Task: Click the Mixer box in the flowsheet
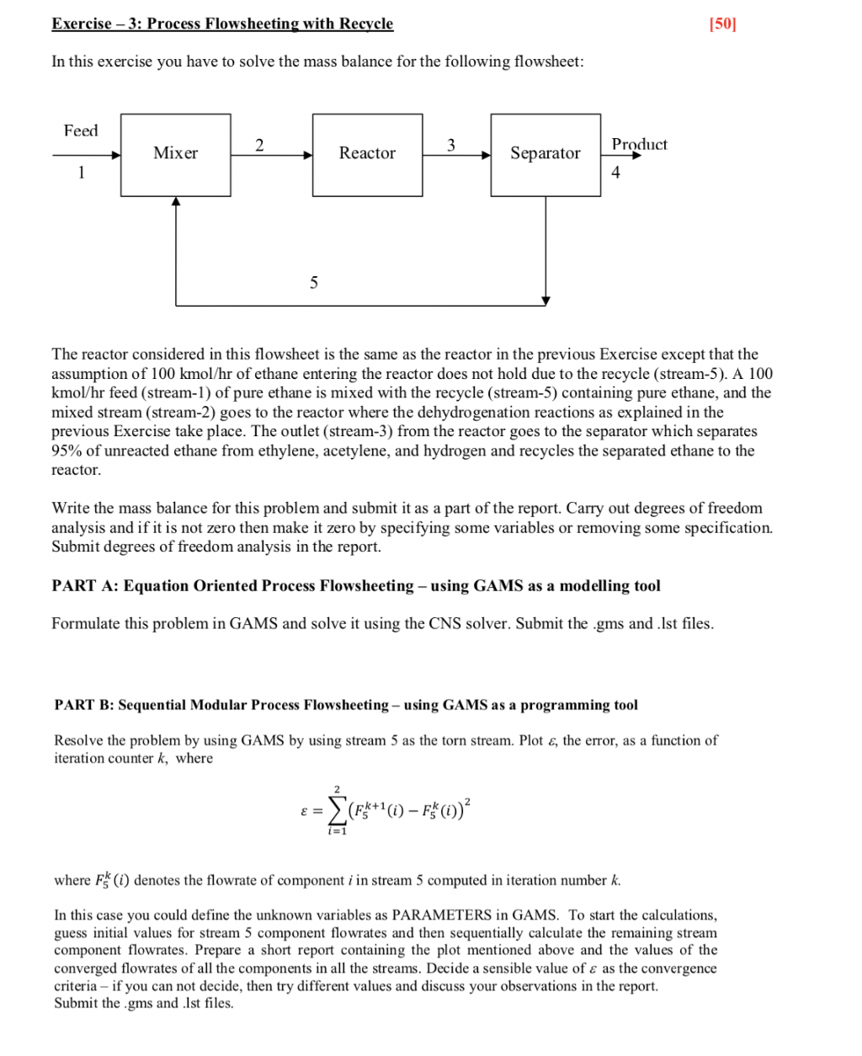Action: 175,155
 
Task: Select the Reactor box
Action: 367,155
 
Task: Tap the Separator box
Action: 545,155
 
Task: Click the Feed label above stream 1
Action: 81,131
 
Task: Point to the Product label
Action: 639,144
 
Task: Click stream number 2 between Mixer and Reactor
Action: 259,145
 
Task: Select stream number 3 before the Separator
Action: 451,145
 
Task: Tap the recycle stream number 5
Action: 314,283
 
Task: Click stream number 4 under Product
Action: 615,173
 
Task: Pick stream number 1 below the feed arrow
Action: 81,173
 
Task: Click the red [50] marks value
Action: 722,24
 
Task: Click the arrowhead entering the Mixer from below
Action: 176,202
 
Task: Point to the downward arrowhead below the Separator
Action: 545,300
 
